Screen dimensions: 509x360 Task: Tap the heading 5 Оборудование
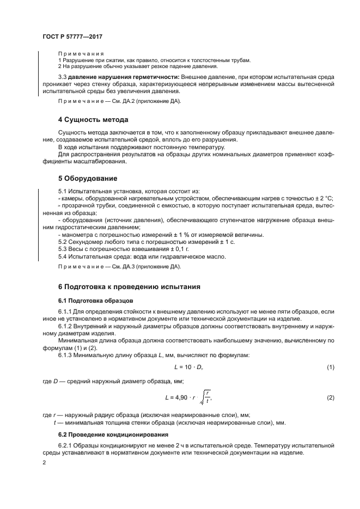click(x=88, y=178)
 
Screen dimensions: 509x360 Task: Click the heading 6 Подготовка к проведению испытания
click(x=130, y=286)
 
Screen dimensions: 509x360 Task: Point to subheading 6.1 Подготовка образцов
click(x=95, y=300)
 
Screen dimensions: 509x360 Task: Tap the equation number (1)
click(x=330, y=367)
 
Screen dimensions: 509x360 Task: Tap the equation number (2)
click(x=330, y=398)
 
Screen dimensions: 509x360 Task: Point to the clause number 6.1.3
click(x=67, y=355)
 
